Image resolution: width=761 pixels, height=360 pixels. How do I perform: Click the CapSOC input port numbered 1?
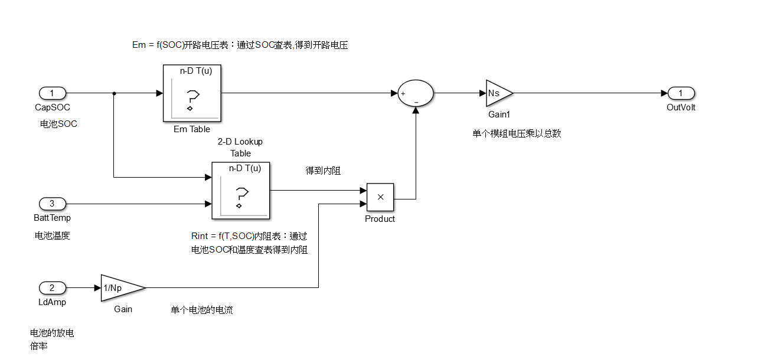point(52,93)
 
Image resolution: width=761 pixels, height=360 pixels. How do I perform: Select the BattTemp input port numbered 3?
point(52,204)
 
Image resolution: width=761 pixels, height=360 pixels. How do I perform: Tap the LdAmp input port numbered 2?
point(52,288)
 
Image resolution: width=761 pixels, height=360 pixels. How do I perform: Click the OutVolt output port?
point(681,93)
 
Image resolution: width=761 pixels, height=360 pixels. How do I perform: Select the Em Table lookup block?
point(191,93)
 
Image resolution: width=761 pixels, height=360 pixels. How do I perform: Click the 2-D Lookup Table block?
point(240,190)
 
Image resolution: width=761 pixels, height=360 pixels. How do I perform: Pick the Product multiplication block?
point(380,197)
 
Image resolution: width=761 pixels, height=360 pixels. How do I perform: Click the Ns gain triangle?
point(498,93)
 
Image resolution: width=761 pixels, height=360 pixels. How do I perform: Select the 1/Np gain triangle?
point(121,288)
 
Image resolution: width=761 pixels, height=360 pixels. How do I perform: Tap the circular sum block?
point(416,93)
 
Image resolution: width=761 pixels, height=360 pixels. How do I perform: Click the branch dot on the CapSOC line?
point(113,93)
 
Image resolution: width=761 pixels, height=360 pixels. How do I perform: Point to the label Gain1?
point(499,114)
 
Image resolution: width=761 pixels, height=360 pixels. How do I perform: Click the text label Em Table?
point(191,129)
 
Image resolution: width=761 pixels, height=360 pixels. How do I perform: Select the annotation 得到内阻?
point(323,171)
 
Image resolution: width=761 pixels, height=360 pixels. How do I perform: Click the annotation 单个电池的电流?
point(202,310)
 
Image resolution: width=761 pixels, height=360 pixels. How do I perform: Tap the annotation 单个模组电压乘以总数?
point(517,133)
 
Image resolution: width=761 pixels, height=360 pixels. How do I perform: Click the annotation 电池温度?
point(53,235)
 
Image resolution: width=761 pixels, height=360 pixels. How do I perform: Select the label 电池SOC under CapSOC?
point(58,124)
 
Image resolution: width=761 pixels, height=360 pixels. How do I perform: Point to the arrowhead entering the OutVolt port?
point(664,93)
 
